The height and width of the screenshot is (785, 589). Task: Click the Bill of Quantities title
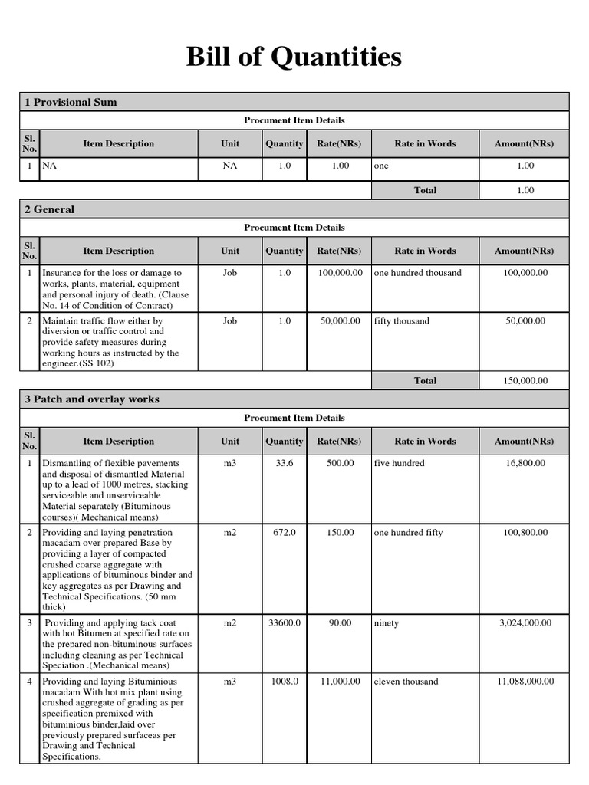[294, 57]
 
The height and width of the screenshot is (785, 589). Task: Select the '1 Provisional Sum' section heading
[71, 102]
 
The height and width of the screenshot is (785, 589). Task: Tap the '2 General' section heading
[50, 209]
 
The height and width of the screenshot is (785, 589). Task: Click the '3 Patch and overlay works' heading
[92, 399]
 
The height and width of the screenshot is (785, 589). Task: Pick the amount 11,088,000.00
[525, 682]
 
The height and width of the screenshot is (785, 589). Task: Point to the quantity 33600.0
[285, 623]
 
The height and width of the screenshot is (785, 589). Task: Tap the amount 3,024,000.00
[525, 623]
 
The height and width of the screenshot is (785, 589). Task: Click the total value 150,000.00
[525, 380]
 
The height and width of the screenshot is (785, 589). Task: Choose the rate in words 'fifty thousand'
[402, 321]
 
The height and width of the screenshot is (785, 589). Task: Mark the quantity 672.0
[285, 533]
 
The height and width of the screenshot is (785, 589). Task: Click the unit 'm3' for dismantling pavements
[230, 463]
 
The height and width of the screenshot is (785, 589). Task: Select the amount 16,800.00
[525, 463]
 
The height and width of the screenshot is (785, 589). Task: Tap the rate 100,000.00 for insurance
[340, 273]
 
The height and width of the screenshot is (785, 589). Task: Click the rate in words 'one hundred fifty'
[408, 533]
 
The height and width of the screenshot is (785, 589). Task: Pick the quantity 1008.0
[285, 682]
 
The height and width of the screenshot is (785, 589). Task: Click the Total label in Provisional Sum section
[425, 190]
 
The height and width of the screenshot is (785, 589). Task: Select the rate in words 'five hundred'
[399, 463]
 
